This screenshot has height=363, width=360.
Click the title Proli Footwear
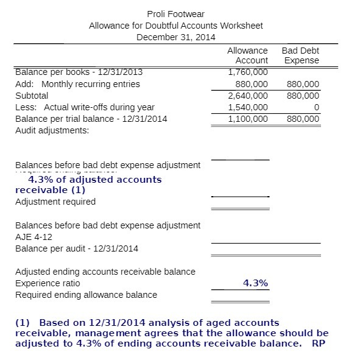pyautogui.click(x=176, y=14)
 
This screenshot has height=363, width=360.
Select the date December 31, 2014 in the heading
pyautogui.click(x=176, y=37)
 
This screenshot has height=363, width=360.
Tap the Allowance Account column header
pyautogui.click(x=247, y=55)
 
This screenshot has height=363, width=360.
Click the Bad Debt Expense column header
pyautogui.click(x=300, y=55)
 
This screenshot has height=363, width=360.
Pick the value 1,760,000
pyautogui.click(x=247, y=72)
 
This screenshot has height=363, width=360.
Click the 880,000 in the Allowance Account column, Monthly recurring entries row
pyautogui.click(x=251, y=84)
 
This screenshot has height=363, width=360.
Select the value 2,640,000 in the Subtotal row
pyautogui.click(x=247, y=96)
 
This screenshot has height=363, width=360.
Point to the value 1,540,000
pyautogui.click(x=247, y=107)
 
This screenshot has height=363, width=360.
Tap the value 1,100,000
pyautogui.click(x=247, y=119)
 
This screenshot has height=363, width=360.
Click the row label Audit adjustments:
pyautogui.click(x=52, y=130)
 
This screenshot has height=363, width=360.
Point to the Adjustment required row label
pyautogui.click(x=55, y=202)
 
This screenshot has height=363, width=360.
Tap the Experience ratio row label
pyautogui.click(x=48, y=283)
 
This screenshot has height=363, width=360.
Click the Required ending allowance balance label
pyautogui.click(x=86, y=295)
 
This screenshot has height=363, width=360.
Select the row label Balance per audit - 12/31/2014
pyautogui.click(x=77, y=248)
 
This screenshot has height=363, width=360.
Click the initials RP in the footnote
pyautogui.click(x=318, y=343)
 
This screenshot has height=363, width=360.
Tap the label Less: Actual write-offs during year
pyautogui.click(x=85, y=107)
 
